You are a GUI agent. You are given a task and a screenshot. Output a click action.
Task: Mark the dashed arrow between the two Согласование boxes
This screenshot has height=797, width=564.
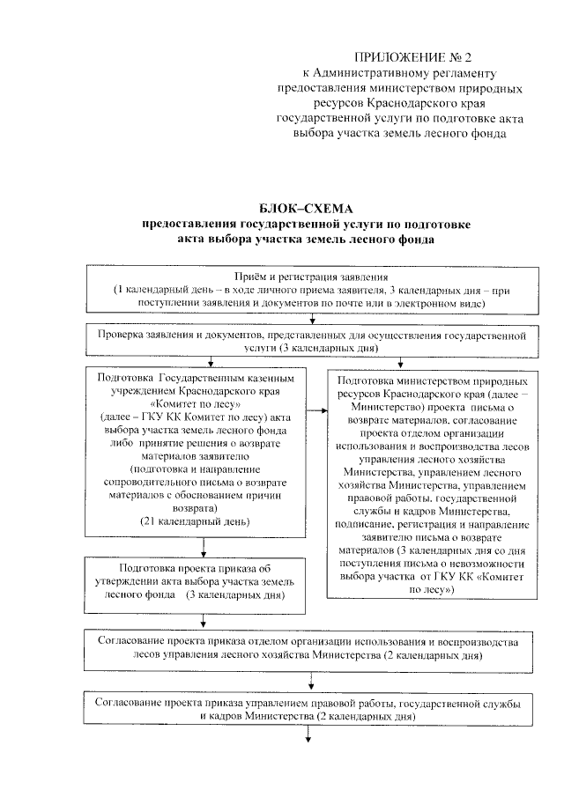pos(310,677)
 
